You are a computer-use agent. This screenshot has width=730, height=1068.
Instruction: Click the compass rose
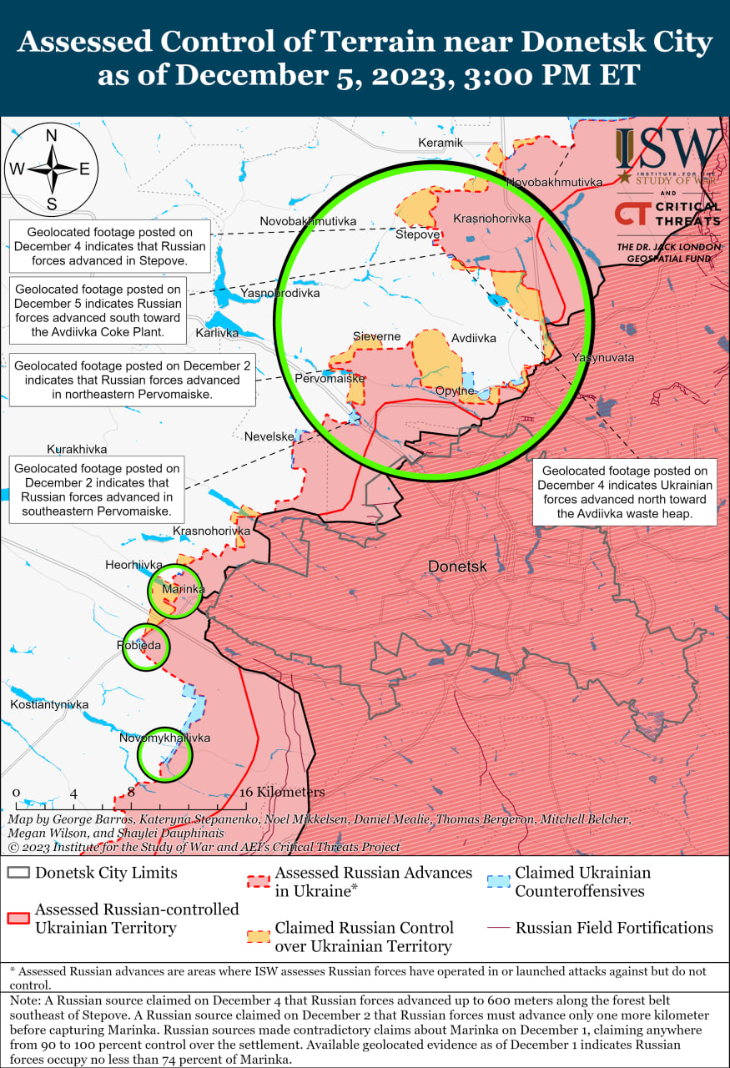click(x=51, y=168)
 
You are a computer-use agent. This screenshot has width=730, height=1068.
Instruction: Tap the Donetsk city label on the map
click(x=456, y=567)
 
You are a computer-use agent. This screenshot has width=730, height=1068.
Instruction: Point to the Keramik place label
click(x=440, y=143)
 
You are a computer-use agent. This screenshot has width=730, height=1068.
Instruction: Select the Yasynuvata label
click(x=602, y=357)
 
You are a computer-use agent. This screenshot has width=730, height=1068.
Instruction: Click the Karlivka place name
click(x=217, y=332)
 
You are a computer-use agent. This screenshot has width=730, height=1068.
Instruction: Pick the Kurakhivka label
click(x=77, y=448)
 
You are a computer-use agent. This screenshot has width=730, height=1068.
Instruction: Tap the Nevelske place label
click(x=269, y=436)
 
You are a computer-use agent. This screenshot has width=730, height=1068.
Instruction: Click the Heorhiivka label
click(x=133, y=565)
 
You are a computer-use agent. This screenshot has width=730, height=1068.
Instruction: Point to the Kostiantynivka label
click(x=49, y=704)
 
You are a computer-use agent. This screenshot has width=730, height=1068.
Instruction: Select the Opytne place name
click(x=455, y=390)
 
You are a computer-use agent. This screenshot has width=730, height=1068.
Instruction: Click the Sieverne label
click(x=376, y=337)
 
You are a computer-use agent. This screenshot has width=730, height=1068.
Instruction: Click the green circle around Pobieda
click(x=146, y=646)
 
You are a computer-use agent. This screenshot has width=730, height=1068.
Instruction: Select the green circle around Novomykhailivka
click(x=164, y=754)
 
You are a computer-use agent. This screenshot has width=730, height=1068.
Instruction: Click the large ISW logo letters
click(x=667, y=150)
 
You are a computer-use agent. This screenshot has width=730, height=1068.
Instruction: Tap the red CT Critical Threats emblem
click(x=632, y=214)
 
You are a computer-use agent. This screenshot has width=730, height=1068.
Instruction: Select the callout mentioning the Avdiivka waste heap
click(x=625, y=491)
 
